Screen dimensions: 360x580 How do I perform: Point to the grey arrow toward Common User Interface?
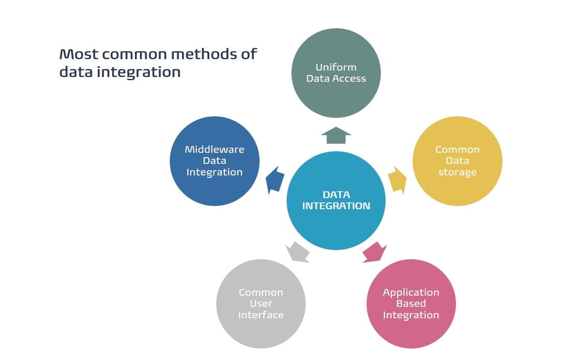(x=298, y=252)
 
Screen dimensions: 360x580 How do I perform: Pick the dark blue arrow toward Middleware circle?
(x=275, y=180)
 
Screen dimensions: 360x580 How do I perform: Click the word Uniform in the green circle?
(x=336, y=67)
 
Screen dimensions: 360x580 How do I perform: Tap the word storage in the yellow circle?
(x=457, y=172)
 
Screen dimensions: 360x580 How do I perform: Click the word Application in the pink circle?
(x=411, y=292)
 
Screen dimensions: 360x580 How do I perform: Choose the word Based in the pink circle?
(x=411, y=303)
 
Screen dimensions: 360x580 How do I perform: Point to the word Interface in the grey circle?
(x=261, y=315)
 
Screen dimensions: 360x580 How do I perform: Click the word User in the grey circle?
(x=261, y=303)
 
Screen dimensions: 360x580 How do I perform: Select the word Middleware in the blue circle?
(x=215, y=149)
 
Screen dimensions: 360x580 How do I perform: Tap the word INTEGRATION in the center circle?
(x=336, y=206)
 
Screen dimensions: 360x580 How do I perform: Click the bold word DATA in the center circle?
(x=336, y=195)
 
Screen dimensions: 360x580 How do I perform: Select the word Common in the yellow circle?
(x=457, y=149)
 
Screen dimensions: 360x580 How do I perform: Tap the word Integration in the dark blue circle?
(x=215, y=172)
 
